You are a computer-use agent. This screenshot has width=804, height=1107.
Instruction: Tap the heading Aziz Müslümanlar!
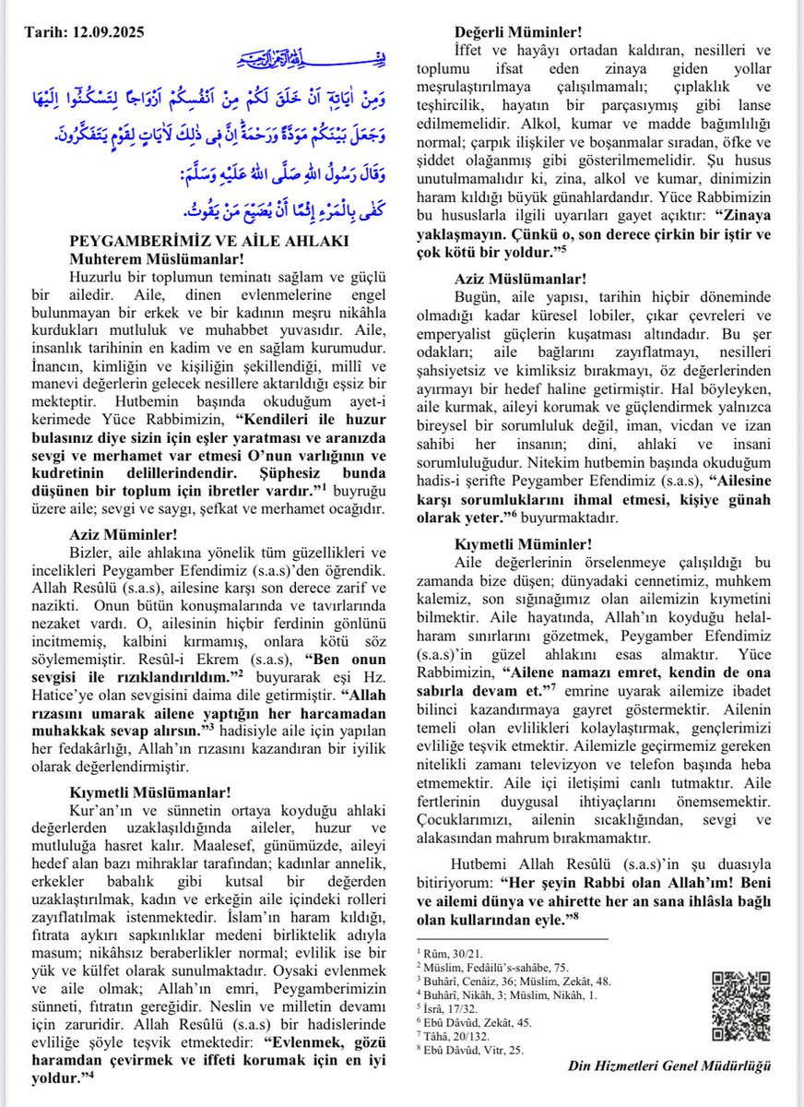(x=520, y=279)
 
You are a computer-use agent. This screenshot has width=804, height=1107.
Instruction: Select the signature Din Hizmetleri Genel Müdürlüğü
(x=669, y=1065)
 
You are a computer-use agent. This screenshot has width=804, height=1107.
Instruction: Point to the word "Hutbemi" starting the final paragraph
(x=480, y=863)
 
